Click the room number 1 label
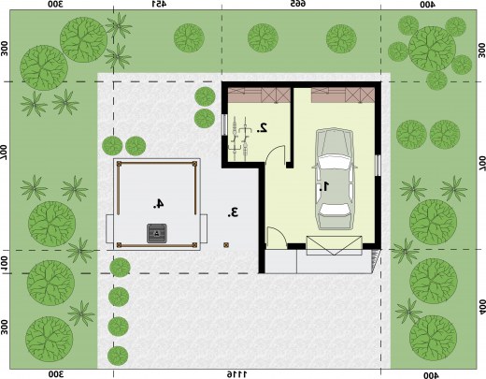[324, 186]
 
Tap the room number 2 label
[263, 127]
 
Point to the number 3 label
[233, 212]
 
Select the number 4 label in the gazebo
[158, 203]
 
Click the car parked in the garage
[334, 179]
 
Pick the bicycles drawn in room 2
[240, 138]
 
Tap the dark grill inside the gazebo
[157, 233]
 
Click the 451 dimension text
[159, 4]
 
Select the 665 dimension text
[298, 4]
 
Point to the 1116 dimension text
[236, 374]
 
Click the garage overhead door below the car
[334, 246]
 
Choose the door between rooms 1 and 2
[275, 154]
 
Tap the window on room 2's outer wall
[224, 124]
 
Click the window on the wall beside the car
[378, 166]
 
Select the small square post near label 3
[226, 245]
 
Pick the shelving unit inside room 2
[259, 95]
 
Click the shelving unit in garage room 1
[343, 95]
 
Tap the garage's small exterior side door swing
[277, 238]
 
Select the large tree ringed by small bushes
[432, 49]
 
